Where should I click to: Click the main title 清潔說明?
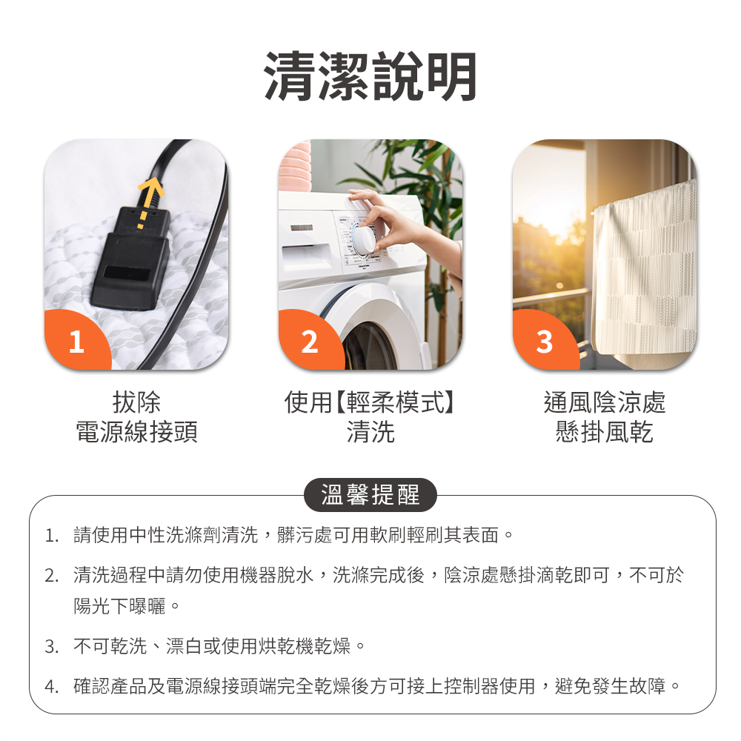click(370, 76)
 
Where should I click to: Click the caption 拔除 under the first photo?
click(136, 403)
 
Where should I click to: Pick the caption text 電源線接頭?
click(136, 432)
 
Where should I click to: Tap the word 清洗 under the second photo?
click(370, 432)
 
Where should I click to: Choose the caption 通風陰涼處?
click(605, 403)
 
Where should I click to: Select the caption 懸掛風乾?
click(605, 432)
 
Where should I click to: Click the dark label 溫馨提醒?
click(370, 495)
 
